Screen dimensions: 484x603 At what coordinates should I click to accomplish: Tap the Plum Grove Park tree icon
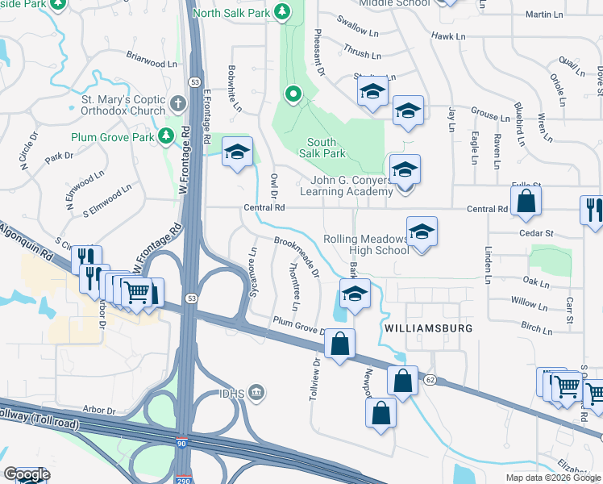pyautogui.click(x=166, y=137)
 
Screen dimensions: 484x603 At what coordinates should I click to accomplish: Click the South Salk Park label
pyautogui.click(x=322, y=148)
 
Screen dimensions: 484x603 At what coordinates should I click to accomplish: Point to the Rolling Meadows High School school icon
pyautogui.click(x=422, y=233)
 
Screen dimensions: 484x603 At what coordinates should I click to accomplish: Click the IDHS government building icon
pyautogui.click(x=256, y=393)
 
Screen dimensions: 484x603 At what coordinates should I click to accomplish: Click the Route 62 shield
pyautogui.click(x=430, y=380)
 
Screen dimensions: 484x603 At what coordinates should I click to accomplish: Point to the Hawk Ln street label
pyautogui.click(x=448, y=36)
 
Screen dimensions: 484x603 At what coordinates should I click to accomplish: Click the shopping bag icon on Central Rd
pyautogui.click(x=526, y=204)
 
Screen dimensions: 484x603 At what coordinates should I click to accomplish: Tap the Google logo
pyautogui.click(x=27, y=474)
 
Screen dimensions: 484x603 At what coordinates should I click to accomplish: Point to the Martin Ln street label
pyautogui.click(x=543, y=15)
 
